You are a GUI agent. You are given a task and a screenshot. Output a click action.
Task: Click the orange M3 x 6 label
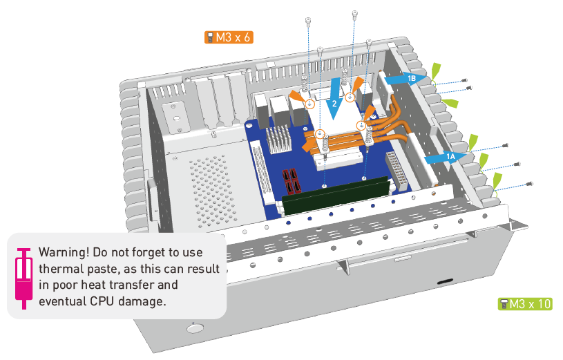click(x=229, y=37)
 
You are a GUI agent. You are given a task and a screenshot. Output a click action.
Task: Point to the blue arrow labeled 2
click(x=335, y=99)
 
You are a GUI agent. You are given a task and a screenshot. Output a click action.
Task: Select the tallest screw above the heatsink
click(x=354, y=14)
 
